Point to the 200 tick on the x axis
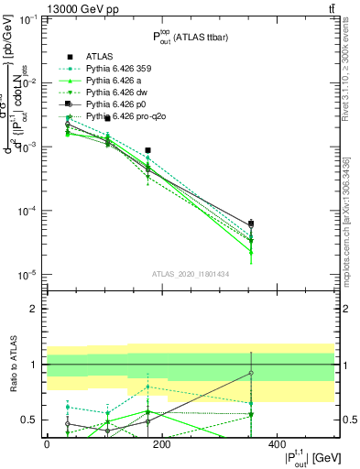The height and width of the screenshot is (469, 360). click(x=162, y=443)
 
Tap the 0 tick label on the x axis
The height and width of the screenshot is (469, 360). click(x=47, y=443)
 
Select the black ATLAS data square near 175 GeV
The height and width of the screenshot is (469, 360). click(x=147, y=150)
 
